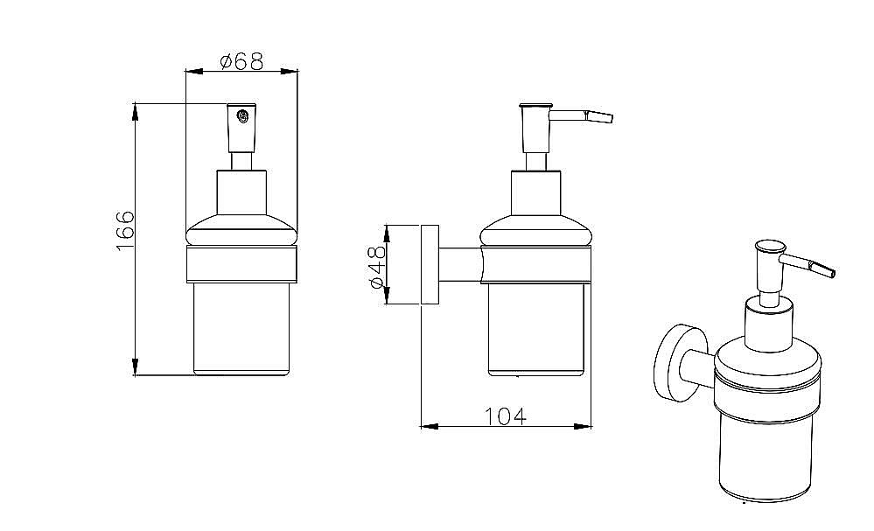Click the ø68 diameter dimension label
241,60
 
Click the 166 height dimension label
125,231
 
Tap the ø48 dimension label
377,267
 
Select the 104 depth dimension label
505,416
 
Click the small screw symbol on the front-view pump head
242,117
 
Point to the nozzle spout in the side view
582,116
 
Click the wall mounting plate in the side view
430,264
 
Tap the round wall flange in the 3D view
675,362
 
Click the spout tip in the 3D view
831,272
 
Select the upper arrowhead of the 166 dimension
135,111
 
